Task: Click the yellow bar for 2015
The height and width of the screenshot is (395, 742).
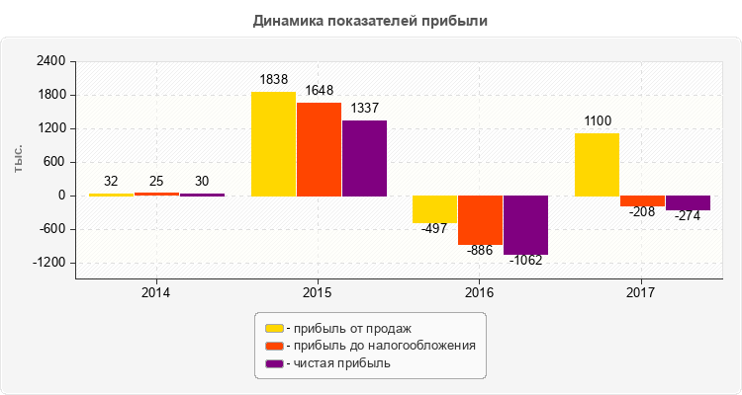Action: (273, 144)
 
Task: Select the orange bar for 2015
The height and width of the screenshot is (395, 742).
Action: (319, 149)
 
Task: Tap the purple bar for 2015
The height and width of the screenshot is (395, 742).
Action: (364, 158)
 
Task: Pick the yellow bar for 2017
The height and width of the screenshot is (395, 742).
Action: (597, 165)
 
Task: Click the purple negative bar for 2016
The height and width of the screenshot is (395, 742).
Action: (525, 225)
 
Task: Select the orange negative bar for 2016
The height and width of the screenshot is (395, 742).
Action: (480, 220)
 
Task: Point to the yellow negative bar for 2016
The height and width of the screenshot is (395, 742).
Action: (434, 209)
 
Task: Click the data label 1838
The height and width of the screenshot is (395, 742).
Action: (274, 79)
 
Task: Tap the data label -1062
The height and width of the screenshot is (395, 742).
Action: (526, 261)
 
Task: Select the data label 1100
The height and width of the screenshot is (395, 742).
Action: (598, 120)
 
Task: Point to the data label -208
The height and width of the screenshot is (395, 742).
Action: (641, 211)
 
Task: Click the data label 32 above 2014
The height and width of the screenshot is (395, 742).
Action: (111, 181)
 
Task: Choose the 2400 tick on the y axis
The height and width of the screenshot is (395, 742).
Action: (50, 61)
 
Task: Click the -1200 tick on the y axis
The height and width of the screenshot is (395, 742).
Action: (47, 263)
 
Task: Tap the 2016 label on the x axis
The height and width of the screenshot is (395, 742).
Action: (479, 293)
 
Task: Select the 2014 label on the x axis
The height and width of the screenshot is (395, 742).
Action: (155, 293)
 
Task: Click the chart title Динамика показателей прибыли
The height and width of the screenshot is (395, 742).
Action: (371, 20)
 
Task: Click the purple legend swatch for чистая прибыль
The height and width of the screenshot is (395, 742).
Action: (274, 363)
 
